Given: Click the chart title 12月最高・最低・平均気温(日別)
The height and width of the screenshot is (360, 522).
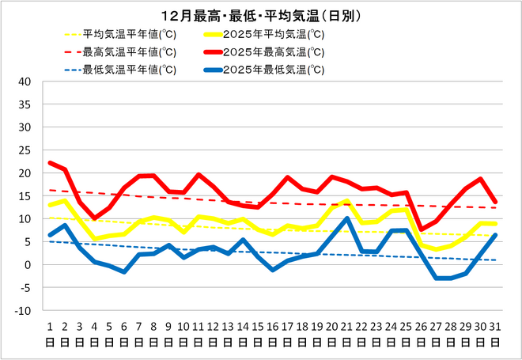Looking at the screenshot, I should pyautogui.click(x=261, y=16).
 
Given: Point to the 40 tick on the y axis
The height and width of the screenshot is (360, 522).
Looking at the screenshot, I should pyautogui.click(x=24, y=81).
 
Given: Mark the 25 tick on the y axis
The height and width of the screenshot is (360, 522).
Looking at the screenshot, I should pyautogui.click(x=24, y=150).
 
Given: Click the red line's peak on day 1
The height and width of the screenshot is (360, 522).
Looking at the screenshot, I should pyautogui.click(x=49, y=163).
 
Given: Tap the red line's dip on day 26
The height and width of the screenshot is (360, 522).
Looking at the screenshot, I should pyautogui.click(x=421, y=229).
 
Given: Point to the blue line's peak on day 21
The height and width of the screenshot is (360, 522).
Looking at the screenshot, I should pyautogui.click(x=346, y=218).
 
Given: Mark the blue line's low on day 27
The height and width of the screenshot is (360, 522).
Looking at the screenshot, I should pyautogui.click(x=436, y=278).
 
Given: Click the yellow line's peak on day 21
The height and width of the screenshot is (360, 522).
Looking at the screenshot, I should pyautogui.click(x=346, y=202).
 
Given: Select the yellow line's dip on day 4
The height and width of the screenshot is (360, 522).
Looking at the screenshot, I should pyautogui.click(x=94, y=238).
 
